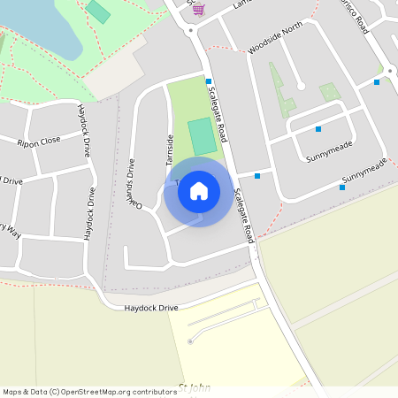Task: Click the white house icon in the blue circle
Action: coord(199,191)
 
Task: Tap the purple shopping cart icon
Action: coord(198,10)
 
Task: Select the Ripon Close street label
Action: coord(40,141)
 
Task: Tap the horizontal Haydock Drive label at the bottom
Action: coord(150,307)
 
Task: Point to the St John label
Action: coord(195,387)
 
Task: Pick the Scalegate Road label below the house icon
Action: coord(244,217)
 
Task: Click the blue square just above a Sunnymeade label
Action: coord(318,129)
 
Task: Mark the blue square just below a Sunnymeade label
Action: coord(342,187)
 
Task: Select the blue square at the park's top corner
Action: coord(209,81)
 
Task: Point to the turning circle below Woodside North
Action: coord(300,86)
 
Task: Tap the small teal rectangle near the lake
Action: coord(99,11)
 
